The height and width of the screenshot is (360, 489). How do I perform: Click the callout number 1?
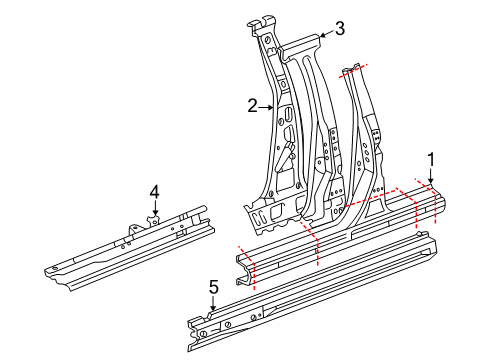431,158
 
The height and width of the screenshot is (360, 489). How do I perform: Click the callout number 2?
253,104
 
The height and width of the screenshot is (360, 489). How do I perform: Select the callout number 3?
339,28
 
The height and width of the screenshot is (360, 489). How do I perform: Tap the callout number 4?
154,191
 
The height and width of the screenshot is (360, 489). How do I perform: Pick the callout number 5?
212,287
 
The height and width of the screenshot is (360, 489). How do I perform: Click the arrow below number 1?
431,180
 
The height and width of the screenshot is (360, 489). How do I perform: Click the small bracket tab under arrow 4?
154,219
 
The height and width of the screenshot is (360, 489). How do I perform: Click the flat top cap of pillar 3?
301,44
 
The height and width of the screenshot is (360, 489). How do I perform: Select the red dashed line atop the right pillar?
354,69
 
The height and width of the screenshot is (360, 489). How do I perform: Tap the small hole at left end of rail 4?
52,269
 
